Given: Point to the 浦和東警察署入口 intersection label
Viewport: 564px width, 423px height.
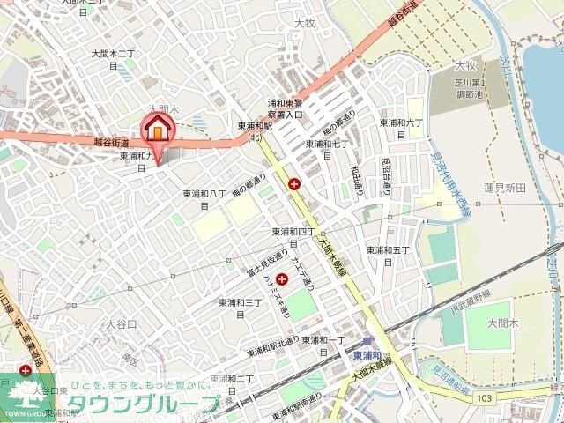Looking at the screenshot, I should click(x=286, y=108).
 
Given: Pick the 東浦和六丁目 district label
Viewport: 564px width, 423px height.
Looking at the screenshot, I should click(x=401, y=128).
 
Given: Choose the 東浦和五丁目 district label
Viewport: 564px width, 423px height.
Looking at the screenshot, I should click(x=388, y=255).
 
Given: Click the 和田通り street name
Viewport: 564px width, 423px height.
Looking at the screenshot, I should click(x=357, y=182).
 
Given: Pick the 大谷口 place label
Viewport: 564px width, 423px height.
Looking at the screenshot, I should click(x=122, y=324).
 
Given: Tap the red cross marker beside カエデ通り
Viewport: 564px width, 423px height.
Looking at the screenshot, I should click(x=282, y=278).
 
